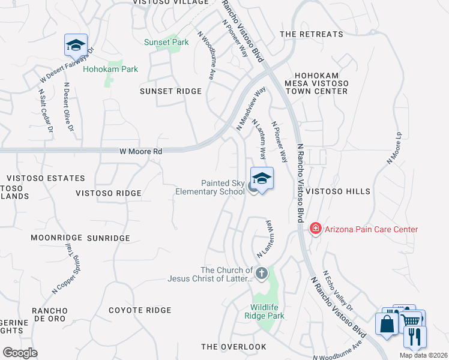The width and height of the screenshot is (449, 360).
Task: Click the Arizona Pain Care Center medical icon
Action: (x=315, y=229)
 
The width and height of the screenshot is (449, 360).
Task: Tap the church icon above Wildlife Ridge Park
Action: (x=261, y=274)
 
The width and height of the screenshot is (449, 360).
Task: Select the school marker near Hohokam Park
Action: (x=76, y=45)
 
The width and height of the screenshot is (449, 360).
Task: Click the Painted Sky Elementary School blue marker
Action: (x=262, y=179)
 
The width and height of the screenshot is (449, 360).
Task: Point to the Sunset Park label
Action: (x=166, y=42)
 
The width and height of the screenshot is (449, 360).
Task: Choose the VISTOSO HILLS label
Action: (x=338, y=191)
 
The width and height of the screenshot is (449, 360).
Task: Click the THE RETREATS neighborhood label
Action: (x=312, y=34)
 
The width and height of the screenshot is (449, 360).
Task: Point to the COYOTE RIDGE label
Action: (x=140, y=310)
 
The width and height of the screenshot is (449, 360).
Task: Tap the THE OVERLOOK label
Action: (x=234, y=347)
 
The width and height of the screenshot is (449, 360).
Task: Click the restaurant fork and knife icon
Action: (x=415, y=337)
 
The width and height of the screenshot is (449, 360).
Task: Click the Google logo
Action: (x=20, y=353)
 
